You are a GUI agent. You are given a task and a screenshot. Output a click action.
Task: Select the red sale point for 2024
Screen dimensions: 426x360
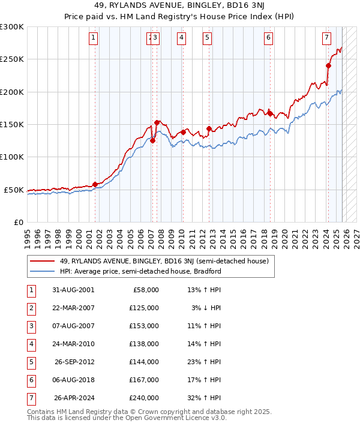point(329,66)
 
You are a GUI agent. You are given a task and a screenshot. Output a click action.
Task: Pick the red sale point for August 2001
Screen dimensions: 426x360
point(95,184)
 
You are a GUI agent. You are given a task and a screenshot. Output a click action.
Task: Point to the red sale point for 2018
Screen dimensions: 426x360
point(269,113)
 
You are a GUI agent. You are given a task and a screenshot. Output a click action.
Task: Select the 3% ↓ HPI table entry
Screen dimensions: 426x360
point(206,308)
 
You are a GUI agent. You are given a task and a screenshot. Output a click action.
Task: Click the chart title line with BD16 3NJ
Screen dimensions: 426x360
point(180,7)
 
